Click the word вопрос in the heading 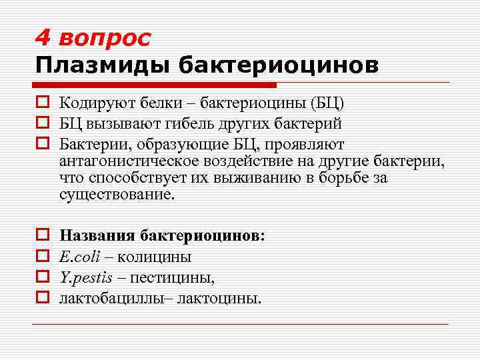point(105,39)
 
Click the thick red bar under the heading point(155,85)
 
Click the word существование point(116,196)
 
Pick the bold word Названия point(97,236)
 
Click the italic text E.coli point(79,257)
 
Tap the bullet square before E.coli point(41,257)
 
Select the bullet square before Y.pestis point(41,277)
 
